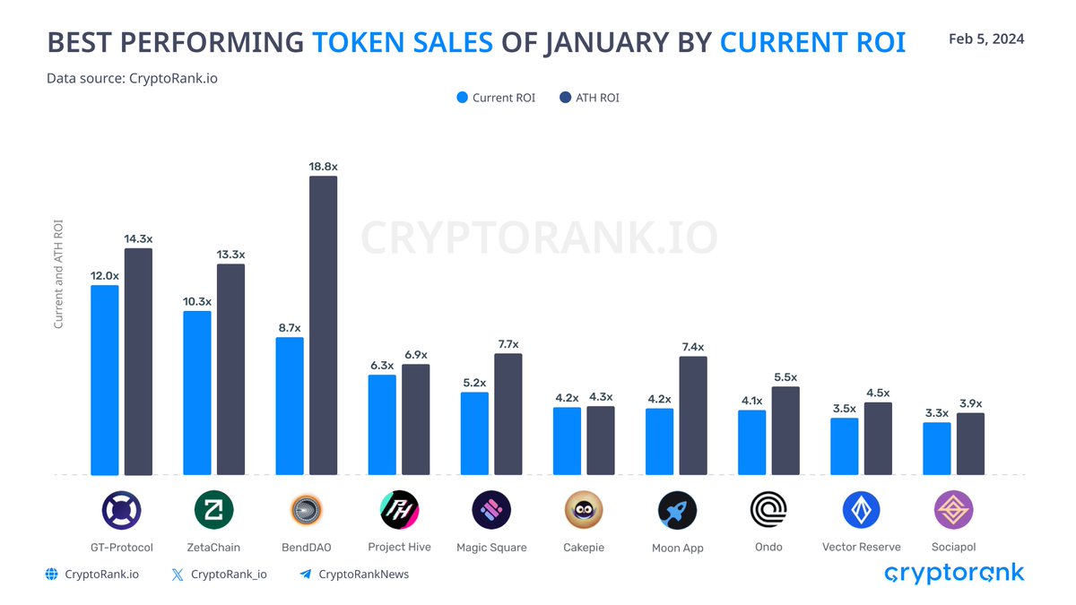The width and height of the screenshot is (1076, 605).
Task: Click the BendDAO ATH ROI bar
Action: coord(323,325)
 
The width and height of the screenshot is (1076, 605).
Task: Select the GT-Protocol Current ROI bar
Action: coord(105,380)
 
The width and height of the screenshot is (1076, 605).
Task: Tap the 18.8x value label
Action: coord(323,167)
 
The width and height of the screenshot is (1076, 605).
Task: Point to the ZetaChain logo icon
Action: coord(213,510)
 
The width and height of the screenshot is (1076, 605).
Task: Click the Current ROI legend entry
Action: coord(496,98)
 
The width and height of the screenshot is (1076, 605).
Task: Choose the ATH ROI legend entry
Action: coord(589,98)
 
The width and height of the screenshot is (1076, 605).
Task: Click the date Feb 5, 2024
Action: coord(985,39)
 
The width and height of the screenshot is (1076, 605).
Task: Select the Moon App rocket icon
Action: coord(677,510)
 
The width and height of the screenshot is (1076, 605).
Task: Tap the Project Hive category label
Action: coord(399,547)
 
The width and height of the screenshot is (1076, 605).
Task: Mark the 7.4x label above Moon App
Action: coord(692,347)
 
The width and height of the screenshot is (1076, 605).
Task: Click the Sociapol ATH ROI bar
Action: coord(970,444)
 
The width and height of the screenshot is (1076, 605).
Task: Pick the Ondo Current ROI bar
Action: coord(752,443)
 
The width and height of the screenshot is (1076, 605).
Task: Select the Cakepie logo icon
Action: coord(584,510)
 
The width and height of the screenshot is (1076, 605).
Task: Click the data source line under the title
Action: coord(132,78)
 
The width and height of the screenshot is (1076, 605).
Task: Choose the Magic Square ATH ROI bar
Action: coord(508,414)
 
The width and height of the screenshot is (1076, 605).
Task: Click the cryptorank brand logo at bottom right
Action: coord(953,573)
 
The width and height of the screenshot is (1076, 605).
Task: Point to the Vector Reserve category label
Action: coord(861,547)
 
